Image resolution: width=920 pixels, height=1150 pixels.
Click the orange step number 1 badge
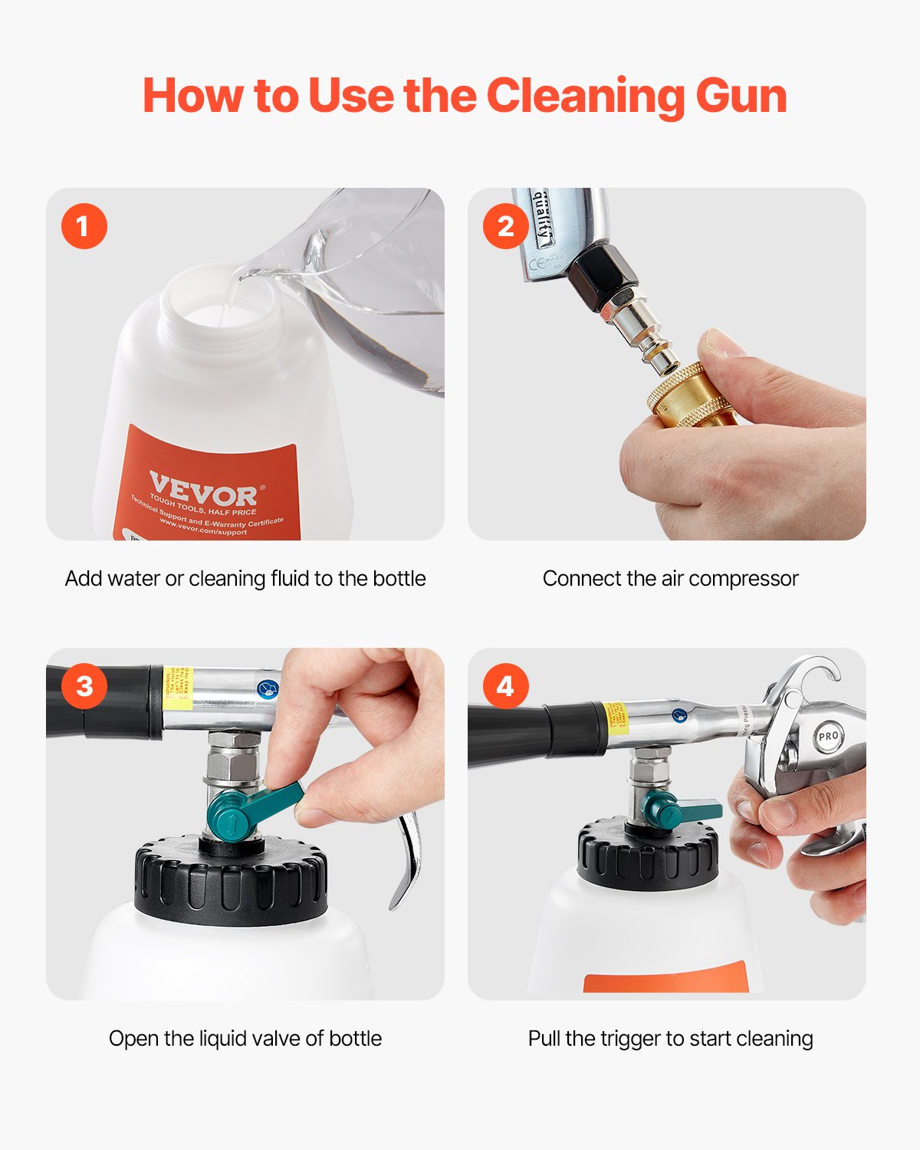[x=84, y=226]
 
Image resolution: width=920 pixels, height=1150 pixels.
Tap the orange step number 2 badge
[x=505, y=226]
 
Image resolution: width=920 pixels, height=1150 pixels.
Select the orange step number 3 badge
[x=84, y=685]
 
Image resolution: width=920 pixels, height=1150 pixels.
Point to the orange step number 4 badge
[x=505, y=685]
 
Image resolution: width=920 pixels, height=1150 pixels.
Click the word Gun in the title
[x=741, y=97]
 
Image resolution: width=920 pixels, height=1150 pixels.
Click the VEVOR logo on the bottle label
[x=202, y=488]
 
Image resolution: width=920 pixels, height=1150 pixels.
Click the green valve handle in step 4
[x=678, y=810]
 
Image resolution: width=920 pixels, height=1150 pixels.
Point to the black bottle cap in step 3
[x=230, y=882]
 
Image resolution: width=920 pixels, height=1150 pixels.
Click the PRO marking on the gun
[x=829, y=736]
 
